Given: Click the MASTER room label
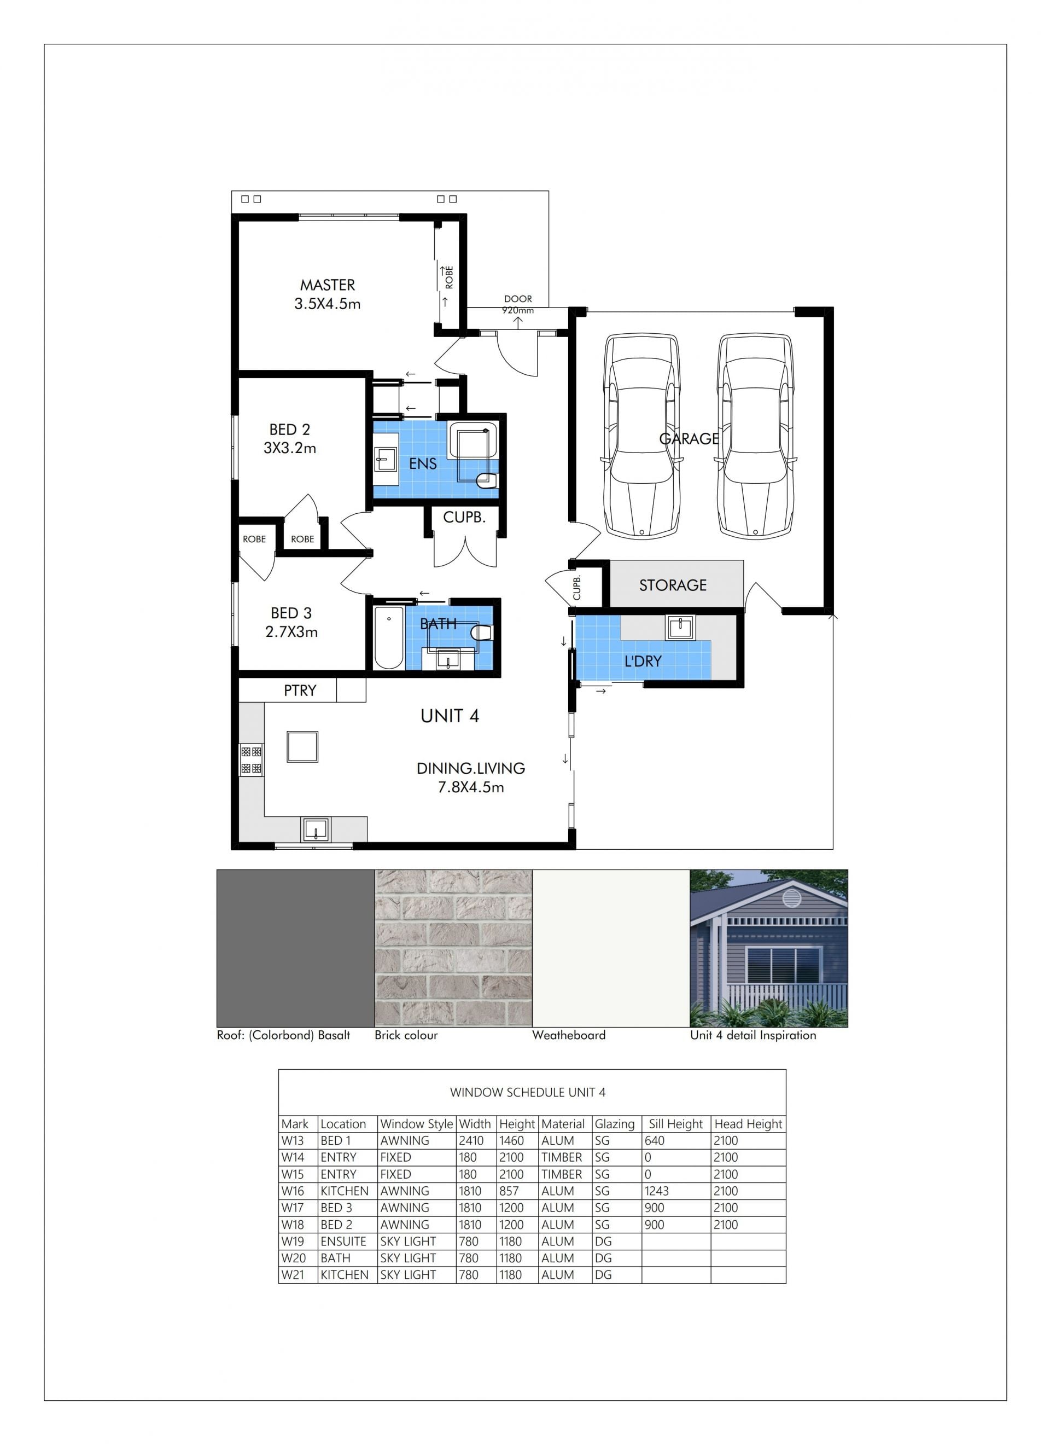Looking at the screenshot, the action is tap(328, 285).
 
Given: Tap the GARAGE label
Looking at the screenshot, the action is tap(689, 439).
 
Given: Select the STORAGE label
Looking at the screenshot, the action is tap(673, 585).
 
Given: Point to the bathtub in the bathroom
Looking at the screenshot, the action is tap(388, 637).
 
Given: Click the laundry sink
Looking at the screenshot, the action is tap(680, 627).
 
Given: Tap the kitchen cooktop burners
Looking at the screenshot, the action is tap(252, 760).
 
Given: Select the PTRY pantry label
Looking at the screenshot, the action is tap(300, 690).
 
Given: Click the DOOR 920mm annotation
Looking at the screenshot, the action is tap(518, 304).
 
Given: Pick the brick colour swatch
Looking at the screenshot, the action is tap(453, 948).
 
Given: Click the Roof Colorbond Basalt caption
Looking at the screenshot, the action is tap(283, 1035).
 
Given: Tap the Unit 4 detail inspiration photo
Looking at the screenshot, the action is tap(769, 948).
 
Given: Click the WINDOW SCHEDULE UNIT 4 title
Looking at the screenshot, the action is tap(528, 1093).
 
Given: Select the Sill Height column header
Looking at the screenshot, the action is tap(676, 1124).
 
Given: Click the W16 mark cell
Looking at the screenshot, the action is tap(293, 1191).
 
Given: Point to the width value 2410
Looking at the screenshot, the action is tap(471, 1140).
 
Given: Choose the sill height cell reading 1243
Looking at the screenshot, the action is tap(657, 1191).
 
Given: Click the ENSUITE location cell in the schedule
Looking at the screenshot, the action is tap(343, 1241).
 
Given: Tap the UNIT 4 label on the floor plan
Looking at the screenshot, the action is tap(450, 716).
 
